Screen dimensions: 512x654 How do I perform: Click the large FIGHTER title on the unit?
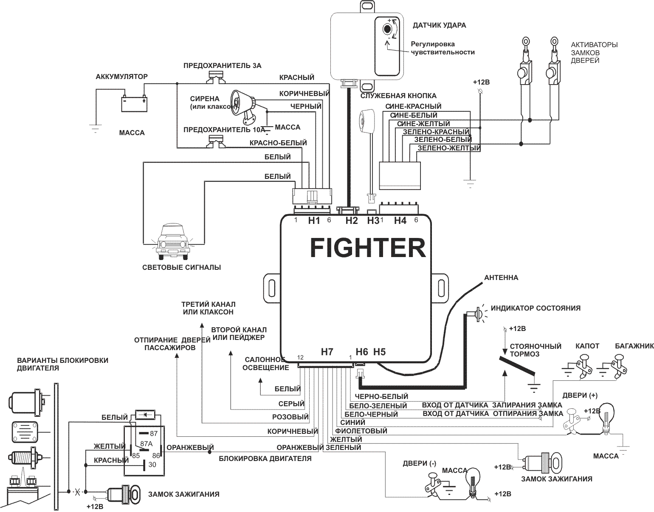click(368, 248)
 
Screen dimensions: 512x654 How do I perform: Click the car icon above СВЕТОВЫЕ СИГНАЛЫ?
click(173, 241)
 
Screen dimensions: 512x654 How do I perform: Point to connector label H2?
click(352, 220)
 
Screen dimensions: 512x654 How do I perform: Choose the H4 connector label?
click(400, 220)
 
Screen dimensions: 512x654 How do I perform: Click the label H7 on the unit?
click(327, 352)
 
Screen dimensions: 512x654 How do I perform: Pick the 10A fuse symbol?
click(216, 142)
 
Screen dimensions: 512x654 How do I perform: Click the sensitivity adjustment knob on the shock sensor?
click(387, 29)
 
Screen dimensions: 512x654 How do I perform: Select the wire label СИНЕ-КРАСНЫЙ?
click(413, 106)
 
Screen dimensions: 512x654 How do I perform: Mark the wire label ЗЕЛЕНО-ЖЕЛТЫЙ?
click(449, 148)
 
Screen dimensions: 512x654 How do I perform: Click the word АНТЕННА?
click(501, 278)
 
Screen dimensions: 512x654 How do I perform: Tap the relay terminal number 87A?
click(146, 444)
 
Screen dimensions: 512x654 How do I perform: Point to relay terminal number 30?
click(152, 465)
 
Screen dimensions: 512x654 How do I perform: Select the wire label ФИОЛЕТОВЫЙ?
click(364, 431)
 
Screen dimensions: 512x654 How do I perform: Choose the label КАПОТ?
click(587, 346)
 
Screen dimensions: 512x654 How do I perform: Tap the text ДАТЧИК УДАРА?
click(439, 25)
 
